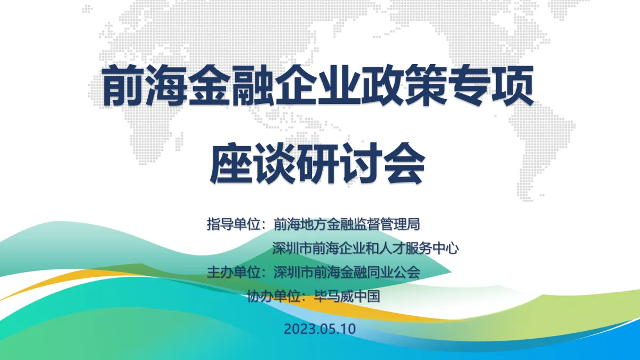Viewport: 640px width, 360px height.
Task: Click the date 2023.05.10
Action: click(319, 329)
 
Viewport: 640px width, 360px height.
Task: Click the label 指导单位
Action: click(234, 225)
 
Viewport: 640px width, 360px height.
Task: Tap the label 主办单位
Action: click(234, 273)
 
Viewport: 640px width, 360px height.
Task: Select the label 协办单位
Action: click(274, 297)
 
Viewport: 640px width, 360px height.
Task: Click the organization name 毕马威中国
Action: click(347, 297)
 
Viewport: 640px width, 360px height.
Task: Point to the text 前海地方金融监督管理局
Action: click(347, 225)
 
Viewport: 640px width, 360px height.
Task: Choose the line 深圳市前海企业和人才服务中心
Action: click(365, 249)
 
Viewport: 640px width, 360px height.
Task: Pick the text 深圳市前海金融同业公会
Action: click(347, 273)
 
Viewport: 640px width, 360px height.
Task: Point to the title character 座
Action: click(231, 163)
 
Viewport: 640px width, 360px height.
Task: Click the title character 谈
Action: click(274, 163)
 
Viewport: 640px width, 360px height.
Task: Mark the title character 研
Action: click(317, 163)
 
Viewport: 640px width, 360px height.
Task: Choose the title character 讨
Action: click(361, 163)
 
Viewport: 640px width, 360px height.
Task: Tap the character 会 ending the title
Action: click(404, 163)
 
